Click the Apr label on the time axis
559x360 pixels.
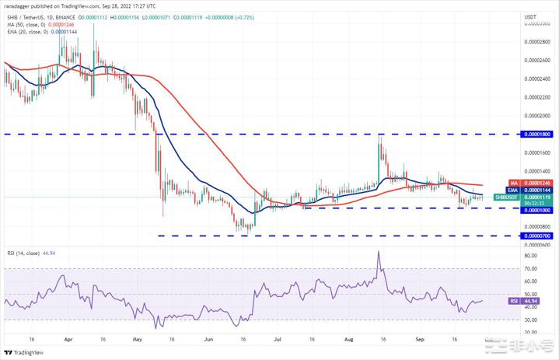click(68, 340)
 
